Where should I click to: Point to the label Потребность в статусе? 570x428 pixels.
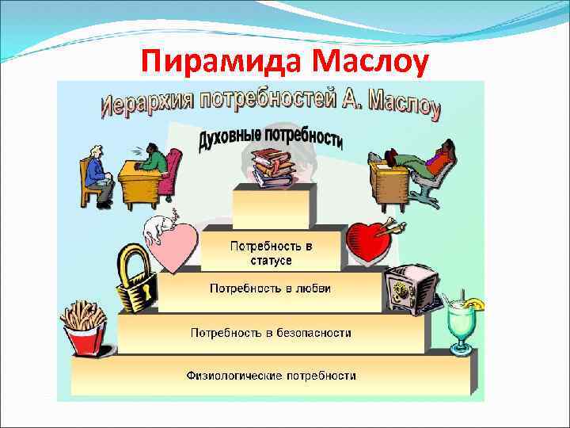click(x=272, y=253)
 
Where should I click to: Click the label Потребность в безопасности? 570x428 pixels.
click(x=271, y=333)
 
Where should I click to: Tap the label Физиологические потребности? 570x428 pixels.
click(x=271, y=375)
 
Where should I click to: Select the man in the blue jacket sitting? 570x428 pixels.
click(x=97, y=174)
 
